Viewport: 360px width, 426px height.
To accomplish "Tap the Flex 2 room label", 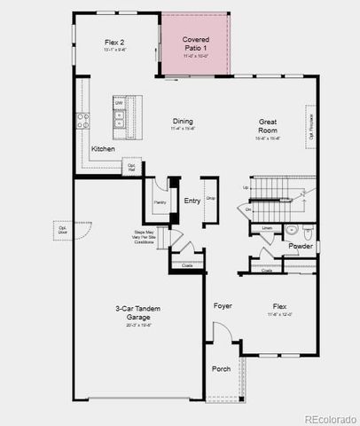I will click(113, 41).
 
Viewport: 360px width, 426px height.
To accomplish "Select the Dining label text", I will click(184, 122).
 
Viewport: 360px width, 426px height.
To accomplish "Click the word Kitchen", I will click(103, 149).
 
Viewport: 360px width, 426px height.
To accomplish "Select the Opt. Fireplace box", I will click(310, 125).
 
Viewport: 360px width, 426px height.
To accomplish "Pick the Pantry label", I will click(160, 202).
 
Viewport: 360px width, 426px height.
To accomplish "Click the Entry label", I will click(192, 201).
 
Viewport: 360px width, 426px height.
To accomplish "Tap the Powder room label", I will click(301, 246).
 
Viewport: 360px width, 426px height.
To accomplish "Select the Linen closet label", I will click(267, 228).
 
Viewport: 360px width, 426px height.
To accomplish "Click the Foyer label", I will click(223, 305).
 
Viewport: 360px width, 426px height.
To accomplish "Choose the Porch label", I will click(220, 368).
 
